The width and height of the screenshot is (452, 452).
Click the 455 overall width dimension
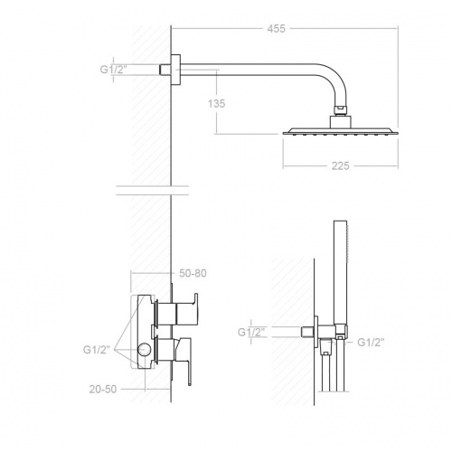(x=277, y=29)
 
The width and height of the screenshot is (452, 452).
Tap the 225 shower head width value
(x=341, y=166)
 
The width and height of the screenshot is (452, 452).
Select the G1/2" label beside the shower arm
(x=114, y=68)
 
